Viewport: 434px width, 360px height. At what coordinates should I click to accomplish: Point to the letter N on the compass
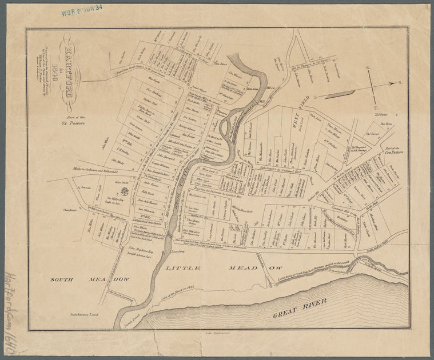(400, 83)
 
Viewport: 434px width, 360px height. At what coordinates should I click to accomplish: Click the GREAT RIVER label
(298, 308)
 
